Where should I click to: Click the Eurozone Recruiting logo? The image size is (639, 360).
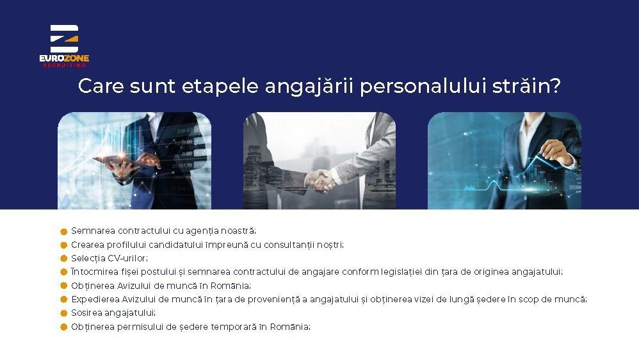click(x=64, y=45)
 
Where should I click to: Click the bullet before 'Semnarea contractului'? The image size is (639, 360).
click(x=63, y=232)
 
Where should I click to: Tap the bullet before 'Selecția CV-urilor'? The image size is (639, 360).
click(x=63, y=259)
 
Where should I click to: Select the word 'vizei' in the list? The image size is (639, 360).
click(x=424, y=299)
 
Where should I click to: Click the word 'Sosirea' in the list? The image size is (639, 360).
click(x=86, y=313)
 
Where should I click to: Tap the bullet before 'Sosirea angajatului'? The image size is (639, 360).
click(x=63, y=313)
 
